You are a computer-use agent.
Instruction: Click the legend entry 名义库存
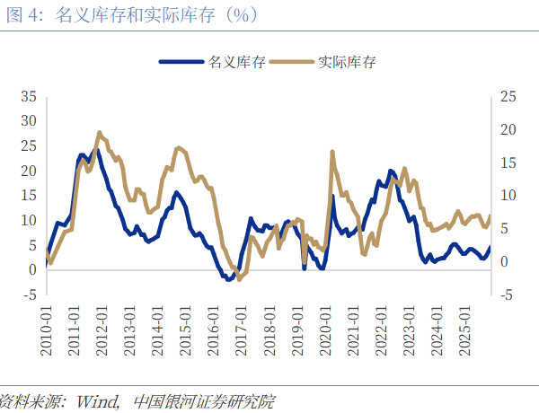(236, 63)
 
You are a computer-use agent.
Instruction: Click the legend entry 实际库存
(347, 63)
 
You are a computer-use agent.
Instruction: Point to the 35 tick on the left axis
(28, 96)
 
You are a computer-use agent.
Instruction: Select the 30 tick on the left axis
(28, 121)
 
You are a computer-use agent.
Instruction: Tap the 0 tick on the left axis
(32, 269)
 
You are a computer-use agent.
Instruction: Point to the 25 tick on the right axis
(508, 96)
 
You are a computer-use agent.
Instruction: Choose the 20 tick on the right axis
(508, 129)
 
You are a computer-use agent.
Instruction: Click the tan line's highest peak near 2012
(99, 132)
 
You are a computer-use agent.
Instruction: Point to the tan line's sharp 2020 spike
(332, 152)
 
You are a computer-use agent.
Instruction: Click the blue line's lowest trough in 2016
(228, 279)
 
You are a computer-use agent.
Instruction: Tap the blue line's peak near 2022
(391, 171)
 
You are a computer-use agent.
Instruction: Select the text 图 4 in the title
(18, 16)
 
